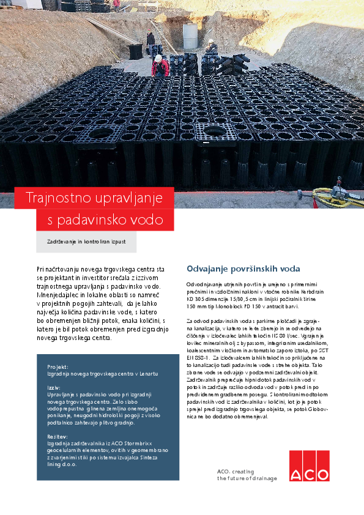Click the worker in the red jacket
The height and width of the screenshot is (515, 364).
[160, 65]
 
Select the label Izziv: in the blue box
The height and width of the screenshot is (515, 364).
[54, 388]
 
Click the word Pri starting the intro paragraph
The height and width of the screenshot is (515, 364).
[41, 269]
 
